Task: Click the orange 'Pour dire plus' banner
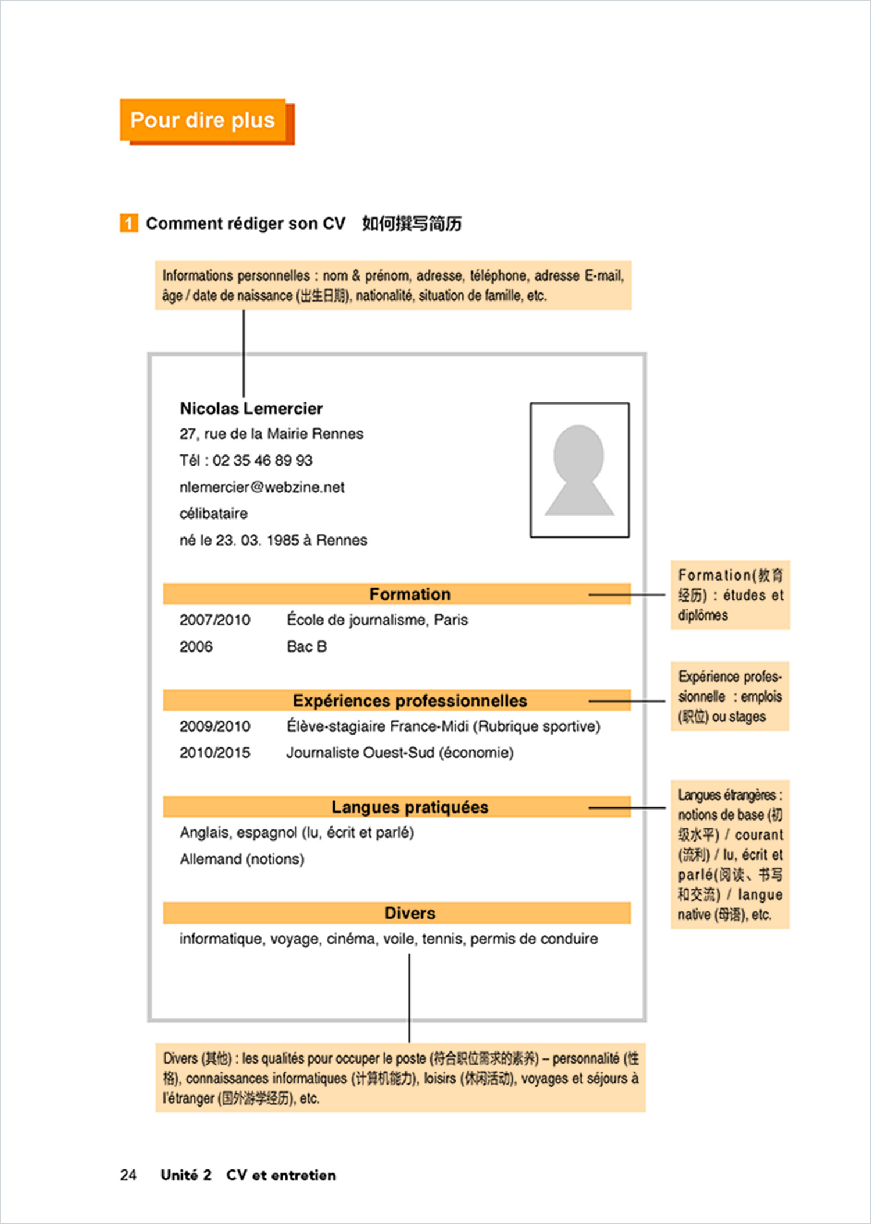pos(203,120)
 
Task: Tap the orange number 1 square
pos(129,223)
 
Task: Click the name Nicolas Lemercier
pos(251,409)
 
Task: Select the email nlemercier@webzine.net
pos(262,487)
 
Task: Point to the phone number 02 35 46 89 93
pos(262,460)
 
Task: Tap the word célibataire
pos(213,514)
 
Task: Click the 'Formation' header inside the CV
pos(410,594)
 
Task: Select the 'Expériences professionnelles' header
pos(410,700)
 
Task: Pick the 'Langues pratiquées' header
pos(410,807)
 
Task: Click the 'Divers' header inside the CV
pos(410,913)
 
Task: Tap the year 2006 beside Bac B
pos(196,646)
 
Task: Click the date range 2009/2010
pos(215,726)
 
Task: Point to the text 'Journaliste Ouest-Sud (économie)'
pos(400,753)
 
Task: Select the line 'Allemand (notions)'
pos(242,859)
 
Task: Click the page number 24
pos(128,1175)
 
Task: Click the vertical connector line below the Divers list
pos(409,997)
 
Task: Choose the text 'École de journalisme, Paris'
pos(377,620)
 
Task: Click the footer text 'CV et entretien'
pos(281,1175)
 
